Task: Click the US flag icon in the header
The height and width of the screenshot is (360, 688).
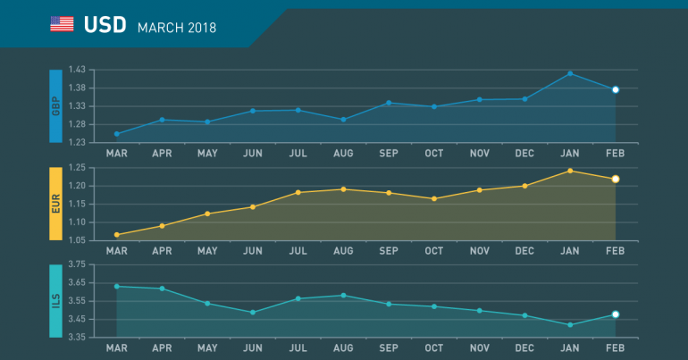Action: pyautogui.click(x=62, y=24)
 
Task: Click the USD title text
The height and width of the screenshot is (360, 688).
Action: pyautogui.click(x=105, y=25)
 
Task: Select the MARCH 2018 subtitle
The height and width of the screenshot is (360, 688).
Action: pyautogui.click(x=177, y=27)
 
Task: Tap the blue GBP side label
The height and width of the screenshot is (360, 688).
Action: pyautogui.click(x=55, y=106)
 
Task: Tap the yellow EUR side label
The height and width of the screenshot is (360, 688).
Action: pyautogui.click(x=55, y=204)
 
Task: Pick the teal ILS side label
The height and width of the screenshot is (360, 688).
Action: pyautogui.click(x=55, y=301)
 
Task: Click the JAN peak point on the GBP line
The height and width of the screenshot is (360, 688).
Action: pyautogui.click(x=570, y=73)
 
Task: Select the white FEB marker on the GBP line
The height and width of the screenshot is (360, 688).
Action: pyautogui.click(x=616, y=89)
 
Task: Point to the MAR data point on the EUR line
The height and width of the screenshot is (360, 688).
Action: pyautogui.click(x=117, y=235)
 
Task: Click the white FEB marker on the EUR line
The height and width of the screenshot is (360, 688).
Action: pyautogui.click(x=616, y=179)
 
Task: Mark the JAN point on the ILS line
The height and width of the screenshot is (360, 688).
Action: pyautogui.click(x=570, y=325)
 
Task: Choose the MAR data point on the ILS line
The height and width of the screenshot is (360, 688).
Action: pyautogui.click(x=117, y=286)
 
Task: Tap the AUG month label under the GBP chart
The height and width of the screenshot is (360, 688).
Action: pyautogui.click(x=343, y=153)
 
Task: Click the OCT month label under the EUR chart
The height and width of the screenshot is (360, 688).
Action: pyautogui.click(x=434, y=251)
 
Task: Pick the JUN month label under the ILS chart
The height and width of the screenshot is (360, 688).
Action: pyautogui.click(x=253, y=347)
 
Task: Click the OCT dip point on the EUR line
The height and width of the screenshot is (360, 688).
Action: pyautogui.click(x=434, y=198)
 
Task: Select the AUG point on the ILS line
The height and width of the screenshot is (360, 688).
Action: pyautogui.click(x=343, y=295)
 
